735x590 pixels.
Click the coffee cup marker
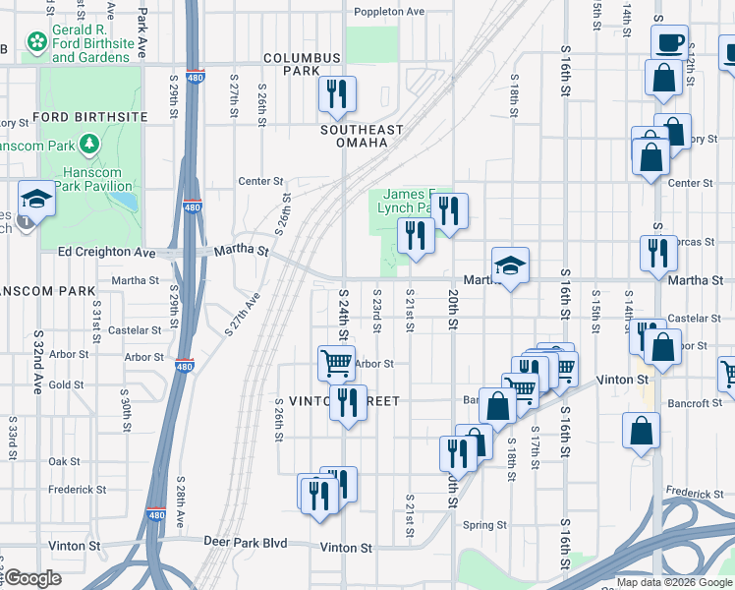669,43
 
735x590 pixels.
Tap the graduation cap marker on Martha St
510,265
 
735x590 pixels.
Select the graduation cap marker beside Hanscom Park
36,199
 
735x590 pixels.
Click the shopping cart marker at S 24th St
336,363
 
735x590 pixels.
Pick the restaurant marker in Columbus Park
336,94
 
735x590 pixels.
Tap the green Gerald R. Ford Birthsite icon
37,42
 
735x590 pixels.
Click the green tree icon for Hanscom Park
89,145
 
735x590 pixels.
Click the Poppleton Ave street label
389,12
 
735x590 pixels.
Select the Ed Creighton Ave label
107,252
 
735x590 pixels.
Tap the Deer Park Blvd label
245,542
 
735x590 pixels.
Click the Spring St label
484,525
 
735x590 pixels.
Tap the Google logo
31,579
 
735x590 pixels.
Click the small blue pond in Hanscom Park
124,202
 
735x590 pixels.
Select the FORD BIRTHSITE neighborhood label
90,117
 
